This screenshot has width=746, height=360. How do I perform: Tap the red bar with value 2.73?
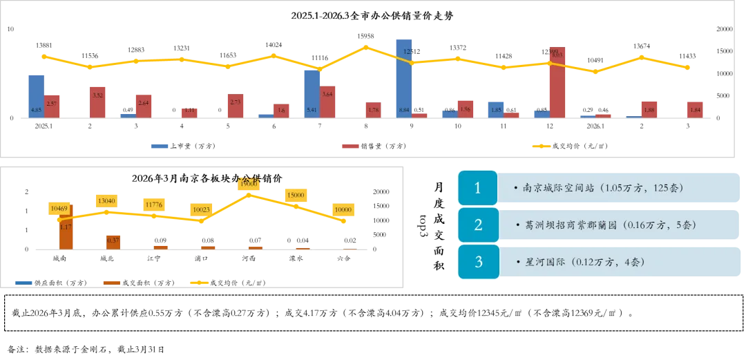pos(236,106)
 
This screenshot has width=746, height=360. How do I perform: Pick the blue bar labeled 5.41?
pos(312,93)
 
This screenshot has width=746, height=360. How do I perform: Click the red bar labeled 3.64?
pos(328,101)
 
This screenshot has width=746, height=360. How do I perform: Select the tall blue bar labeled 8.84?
pos(403,78)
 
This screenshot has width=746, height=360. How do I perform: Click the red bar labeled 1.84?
pos(695,108)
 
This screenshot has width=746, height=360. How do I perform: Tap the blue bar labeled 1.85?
pos(495,108)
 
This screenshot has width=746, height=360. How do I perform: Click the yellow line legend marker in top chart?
pos(542,146)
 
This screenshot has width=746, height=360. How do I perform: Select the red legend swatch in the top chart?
pos(349,146)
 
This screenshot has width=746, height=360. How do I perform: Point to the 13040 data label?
pos(107,201)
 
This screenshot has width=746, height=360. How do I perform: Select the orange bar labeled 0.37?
pos(113,241)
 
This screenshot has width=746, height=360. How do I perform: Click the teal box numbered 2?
pos(478,225)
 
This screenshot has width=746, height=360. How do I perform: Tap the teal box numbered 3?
pos(478,262)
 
